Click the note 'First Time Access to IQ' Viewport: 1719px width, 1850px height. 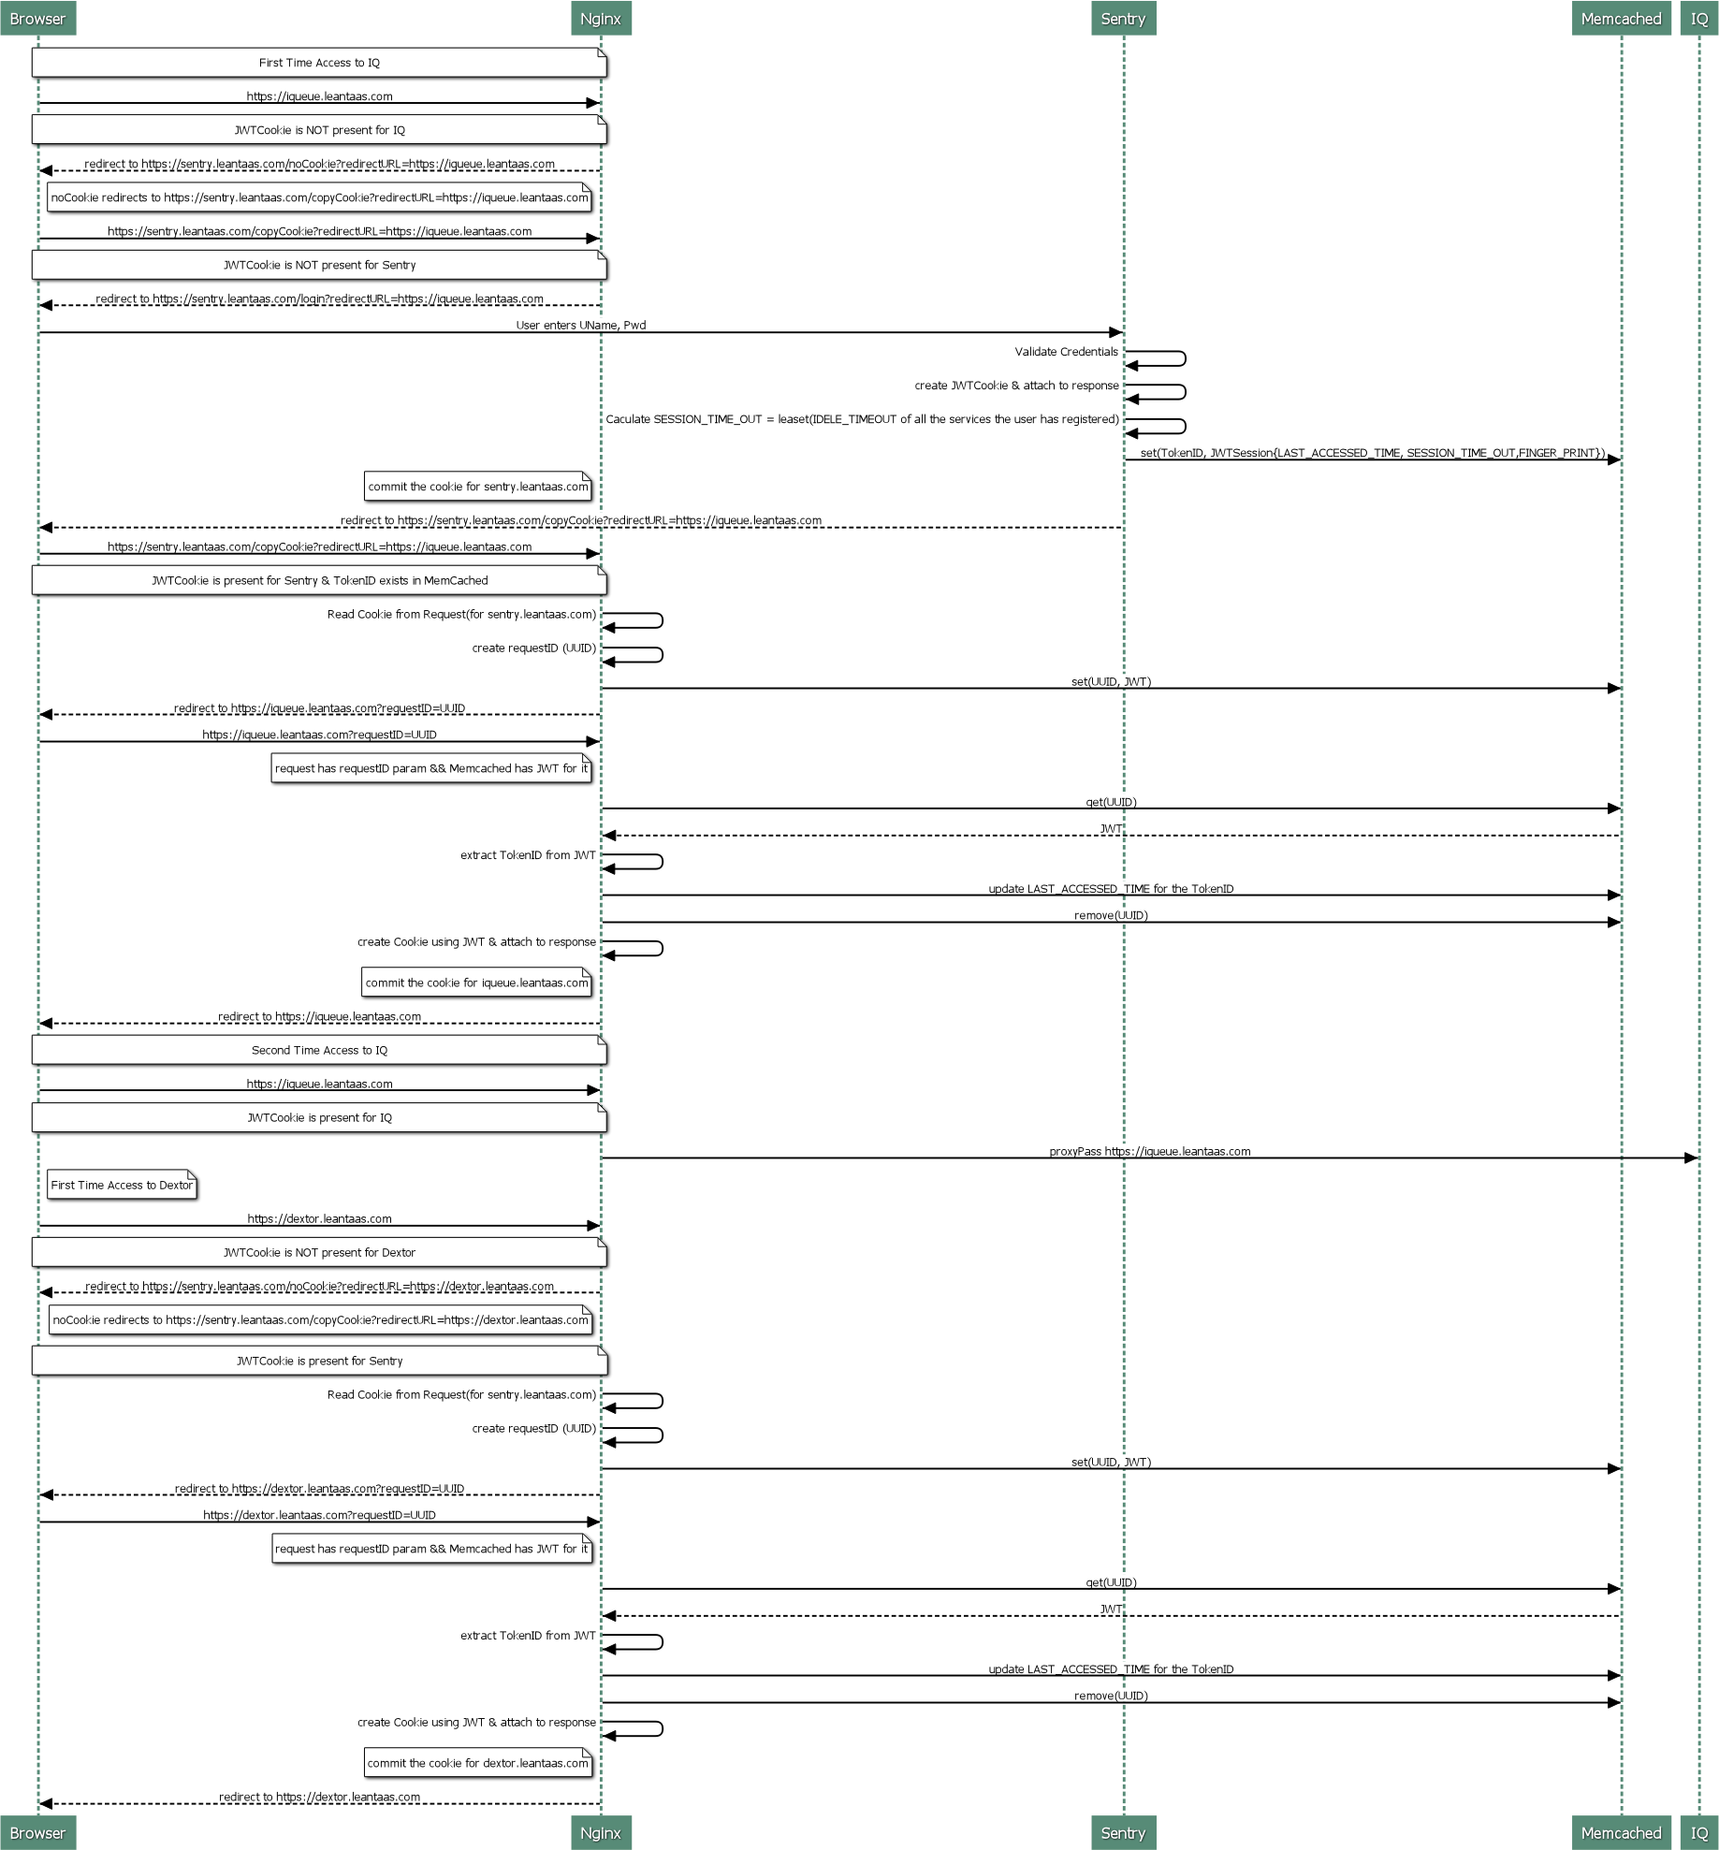pyautogui.click(x=319, y=63)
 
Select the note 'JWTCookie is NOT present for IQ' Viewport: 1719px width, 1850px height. pyautogui.click(x=319, y=130)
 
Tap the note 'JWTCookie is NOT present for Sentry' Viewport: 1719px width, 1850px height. pyautogui.click(x=319, y=265)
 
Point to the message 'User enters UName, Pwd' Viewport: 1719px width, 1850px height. pyautogui.click(x=580, y=325)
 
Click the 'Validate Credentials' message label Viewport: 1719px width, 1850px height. pyautogui.click(x=1067, y=352)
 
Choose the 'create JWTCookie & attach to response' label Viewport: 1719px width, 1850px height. pyautogui.click(x=1016, y=386)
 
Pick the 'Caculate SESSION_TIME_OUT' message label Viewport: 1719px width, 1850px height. pyautogui.click(x=862, y=419)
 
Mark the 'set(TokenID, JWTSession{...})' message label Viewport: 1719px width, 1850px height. pyautogui.click(x=1372, y=453)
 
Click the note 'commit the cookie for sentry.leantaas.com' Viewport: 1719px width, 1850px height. pyautogui.click(x=478, y=487)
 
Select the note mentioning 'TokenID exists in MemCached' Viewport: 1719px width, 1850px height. pyautogui.click(x=319, y=580)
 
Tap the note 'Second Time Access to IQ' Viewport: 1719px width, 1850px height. pyautogui.click(x=319, y=1050)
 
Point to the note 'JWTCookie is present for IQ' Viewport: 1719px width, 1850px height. pyautogui.click(x=319, y=1117)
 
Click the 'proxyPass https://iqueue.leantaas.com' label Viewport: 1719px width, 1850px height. pyautogui.click(x=1149, y=1151)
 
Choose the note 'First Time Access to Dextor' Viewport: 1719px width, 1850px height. pyautogui.click(x=122, y=1185)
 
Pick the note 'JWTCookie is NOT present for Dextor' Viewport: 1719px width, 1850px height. pyautogui.click(x=319, y=1252)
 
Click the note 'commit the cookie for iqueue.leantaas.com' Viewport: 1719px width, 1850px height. pyautogui.click(x=476, y=983)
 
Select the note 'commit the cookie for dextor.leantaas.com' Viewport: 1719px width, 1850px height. pyautogui.click(x=478, y=1763)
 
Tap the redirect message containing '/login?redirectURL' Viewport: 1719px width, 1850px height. pyautogui.click(x=319, y=299)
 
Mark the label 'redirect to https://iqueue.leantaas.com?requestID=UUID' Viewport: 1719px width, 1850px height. pyautogui.click(x=319, y=708)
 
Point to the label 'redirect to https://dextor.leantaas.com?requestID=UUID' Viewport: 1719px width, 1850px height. pyautogui.click(x=319, y=1488)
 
